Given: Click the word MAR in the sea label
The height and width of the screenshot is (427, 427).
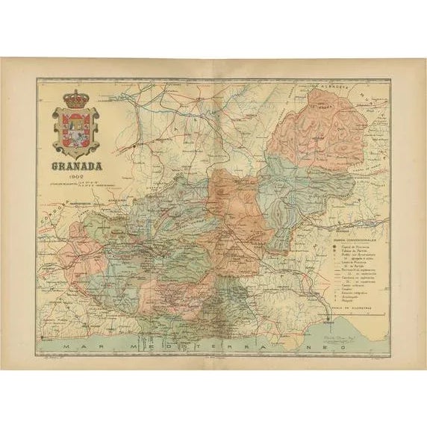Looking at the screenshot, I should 78,347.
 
